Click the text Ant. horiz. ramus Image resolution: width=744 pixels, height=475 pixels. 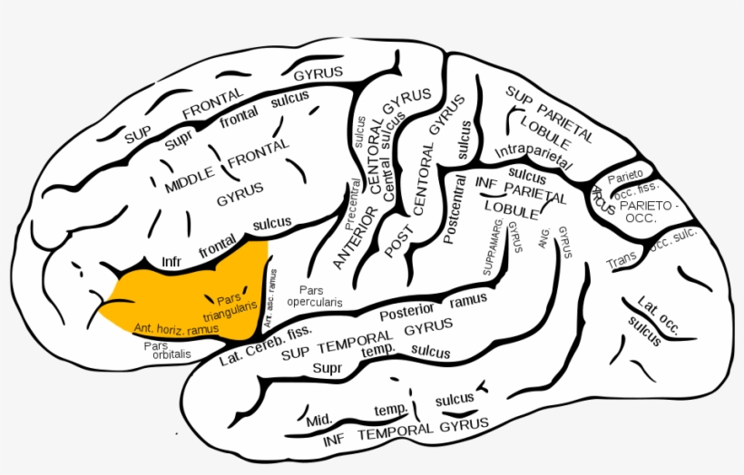[x=175, y=327]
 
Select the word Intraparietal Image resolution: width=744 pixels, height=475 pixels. [x=533, y=156]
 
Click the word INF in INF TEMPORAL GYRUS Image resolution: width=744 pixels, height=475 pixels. [x=334, y=441]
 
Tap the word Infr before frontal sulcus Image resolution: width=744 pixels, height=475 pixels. [x=171, y=261]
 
